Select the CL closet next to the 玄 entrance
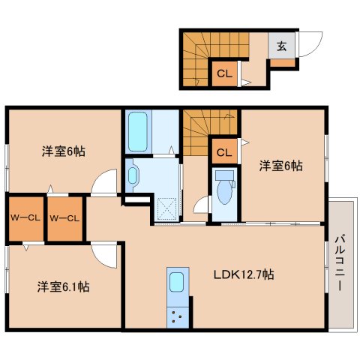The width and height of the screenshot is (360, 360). pos(223,73)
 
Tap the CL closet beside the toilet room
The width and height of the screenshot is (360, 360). pos(223,151)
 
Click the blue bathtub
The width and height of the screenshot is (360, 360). pos(137,132)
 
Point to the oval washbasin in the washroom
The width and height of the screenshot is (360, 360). pos(133,175)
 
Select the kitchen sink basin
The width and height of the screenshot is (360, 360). pos(176,283)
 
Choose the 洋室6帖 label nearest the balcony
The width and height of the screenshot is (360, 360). pos(281,165)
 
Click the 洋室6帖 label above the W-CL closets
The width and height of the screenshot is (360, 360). pos(62,151)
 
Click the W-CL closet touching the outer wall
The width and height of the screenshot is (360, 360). pos(25,218)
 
